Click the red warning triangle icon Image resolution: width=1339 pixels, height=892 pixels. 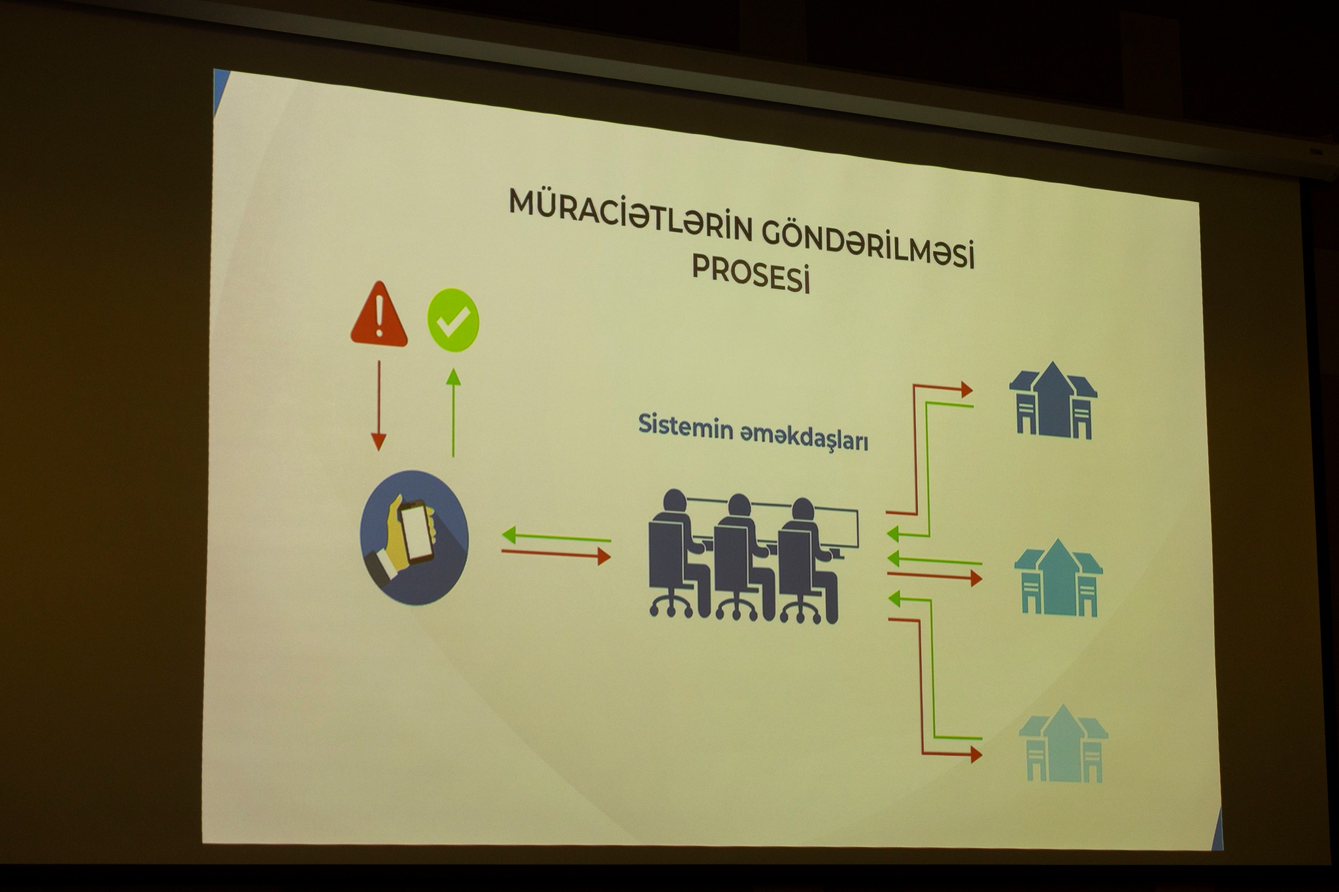tap(379, 314)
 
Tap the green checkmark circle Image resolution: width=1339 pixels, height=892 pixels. tap(453, 320)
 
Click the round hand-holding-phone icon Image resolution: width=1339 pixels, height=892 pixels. tap(414, 537)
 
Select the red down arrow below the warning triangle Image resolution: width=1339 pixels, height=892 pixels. tap(379, 405)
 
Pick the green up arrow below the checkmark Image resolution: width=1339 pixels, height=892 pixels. tap(453, 412)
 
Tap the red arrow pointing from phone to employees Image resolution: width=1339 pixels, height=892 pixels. tap(556, 554)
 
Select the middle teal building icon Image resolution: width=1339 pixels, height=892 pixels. tap(1059, 578)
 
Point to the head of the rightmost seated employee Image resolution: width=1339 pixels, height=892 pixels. tap(803, 510)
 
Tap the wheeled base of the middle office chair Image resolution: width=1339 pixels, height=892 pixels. tap(737, 608)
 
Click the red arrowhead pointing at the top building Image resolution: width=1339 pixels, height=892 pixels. tap(966, 389)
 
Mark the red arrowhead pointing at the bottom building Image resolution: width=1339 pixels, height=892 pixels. tap(976, 755)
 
